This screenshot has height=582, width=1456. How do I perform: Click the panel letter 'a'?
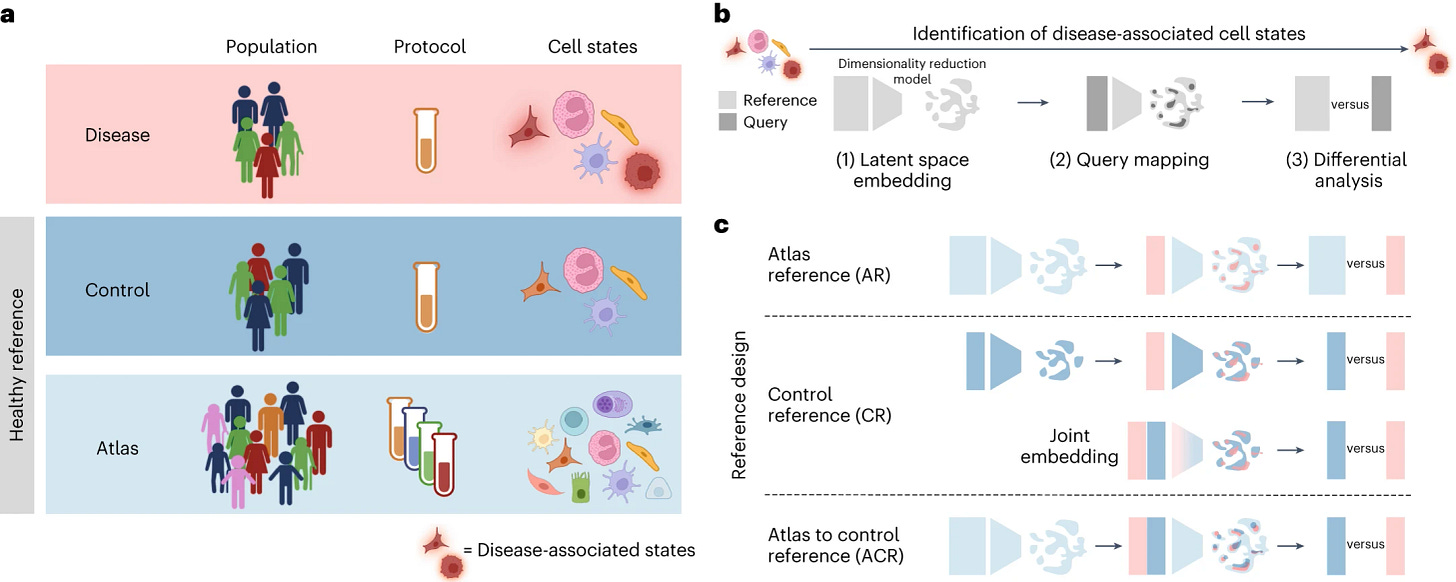[8, 14]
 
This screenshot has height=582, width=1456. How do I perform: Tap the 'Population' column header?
[271, 47]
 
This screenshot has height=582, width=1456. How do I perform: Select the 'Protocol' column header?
[430, 47]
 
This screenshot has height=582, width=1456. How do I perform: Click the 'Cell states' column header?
[592, 47]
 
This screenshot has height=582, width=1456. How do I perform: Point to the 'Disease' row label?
[117, 135]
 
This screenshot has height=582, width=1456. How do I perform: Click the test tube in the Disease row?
[426, 140]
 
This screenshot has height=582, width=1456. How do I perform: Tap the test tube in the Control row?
[426, 297]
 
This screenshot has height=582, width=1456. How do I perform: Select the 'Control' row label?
[117, 290]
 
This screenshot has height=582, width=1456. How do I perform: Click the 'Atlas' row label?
[117, 449]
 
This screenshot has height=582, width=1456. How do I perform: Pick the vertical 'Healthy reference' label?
[16, 365]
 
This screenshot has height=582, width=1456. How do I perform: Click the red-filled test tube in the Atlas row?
[444, 464]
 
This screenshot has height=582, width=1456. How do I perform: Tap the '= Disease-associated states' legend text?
[579, 550]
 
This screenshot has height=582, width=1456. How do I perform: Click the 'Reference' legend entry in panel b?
[768, 100]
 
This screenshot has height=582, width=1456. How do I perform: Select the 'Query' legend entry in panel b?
[753, 122]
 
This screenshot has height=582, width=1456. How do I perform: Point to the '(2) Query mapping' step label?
[1129, 160]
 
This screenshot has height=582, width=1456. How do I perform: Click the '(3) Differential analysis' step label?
[1346, 170]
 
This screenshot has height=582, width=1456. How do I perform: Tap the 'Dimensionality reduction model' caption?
[912, 72]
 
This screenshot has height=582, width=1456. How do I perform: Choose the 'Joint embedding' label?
[1069, 446]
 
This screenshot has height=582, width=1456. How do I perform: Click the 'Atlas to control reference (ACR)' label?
[835, 546]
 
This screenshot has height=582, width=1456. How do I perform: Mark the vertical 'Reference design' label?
[738, 405]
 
